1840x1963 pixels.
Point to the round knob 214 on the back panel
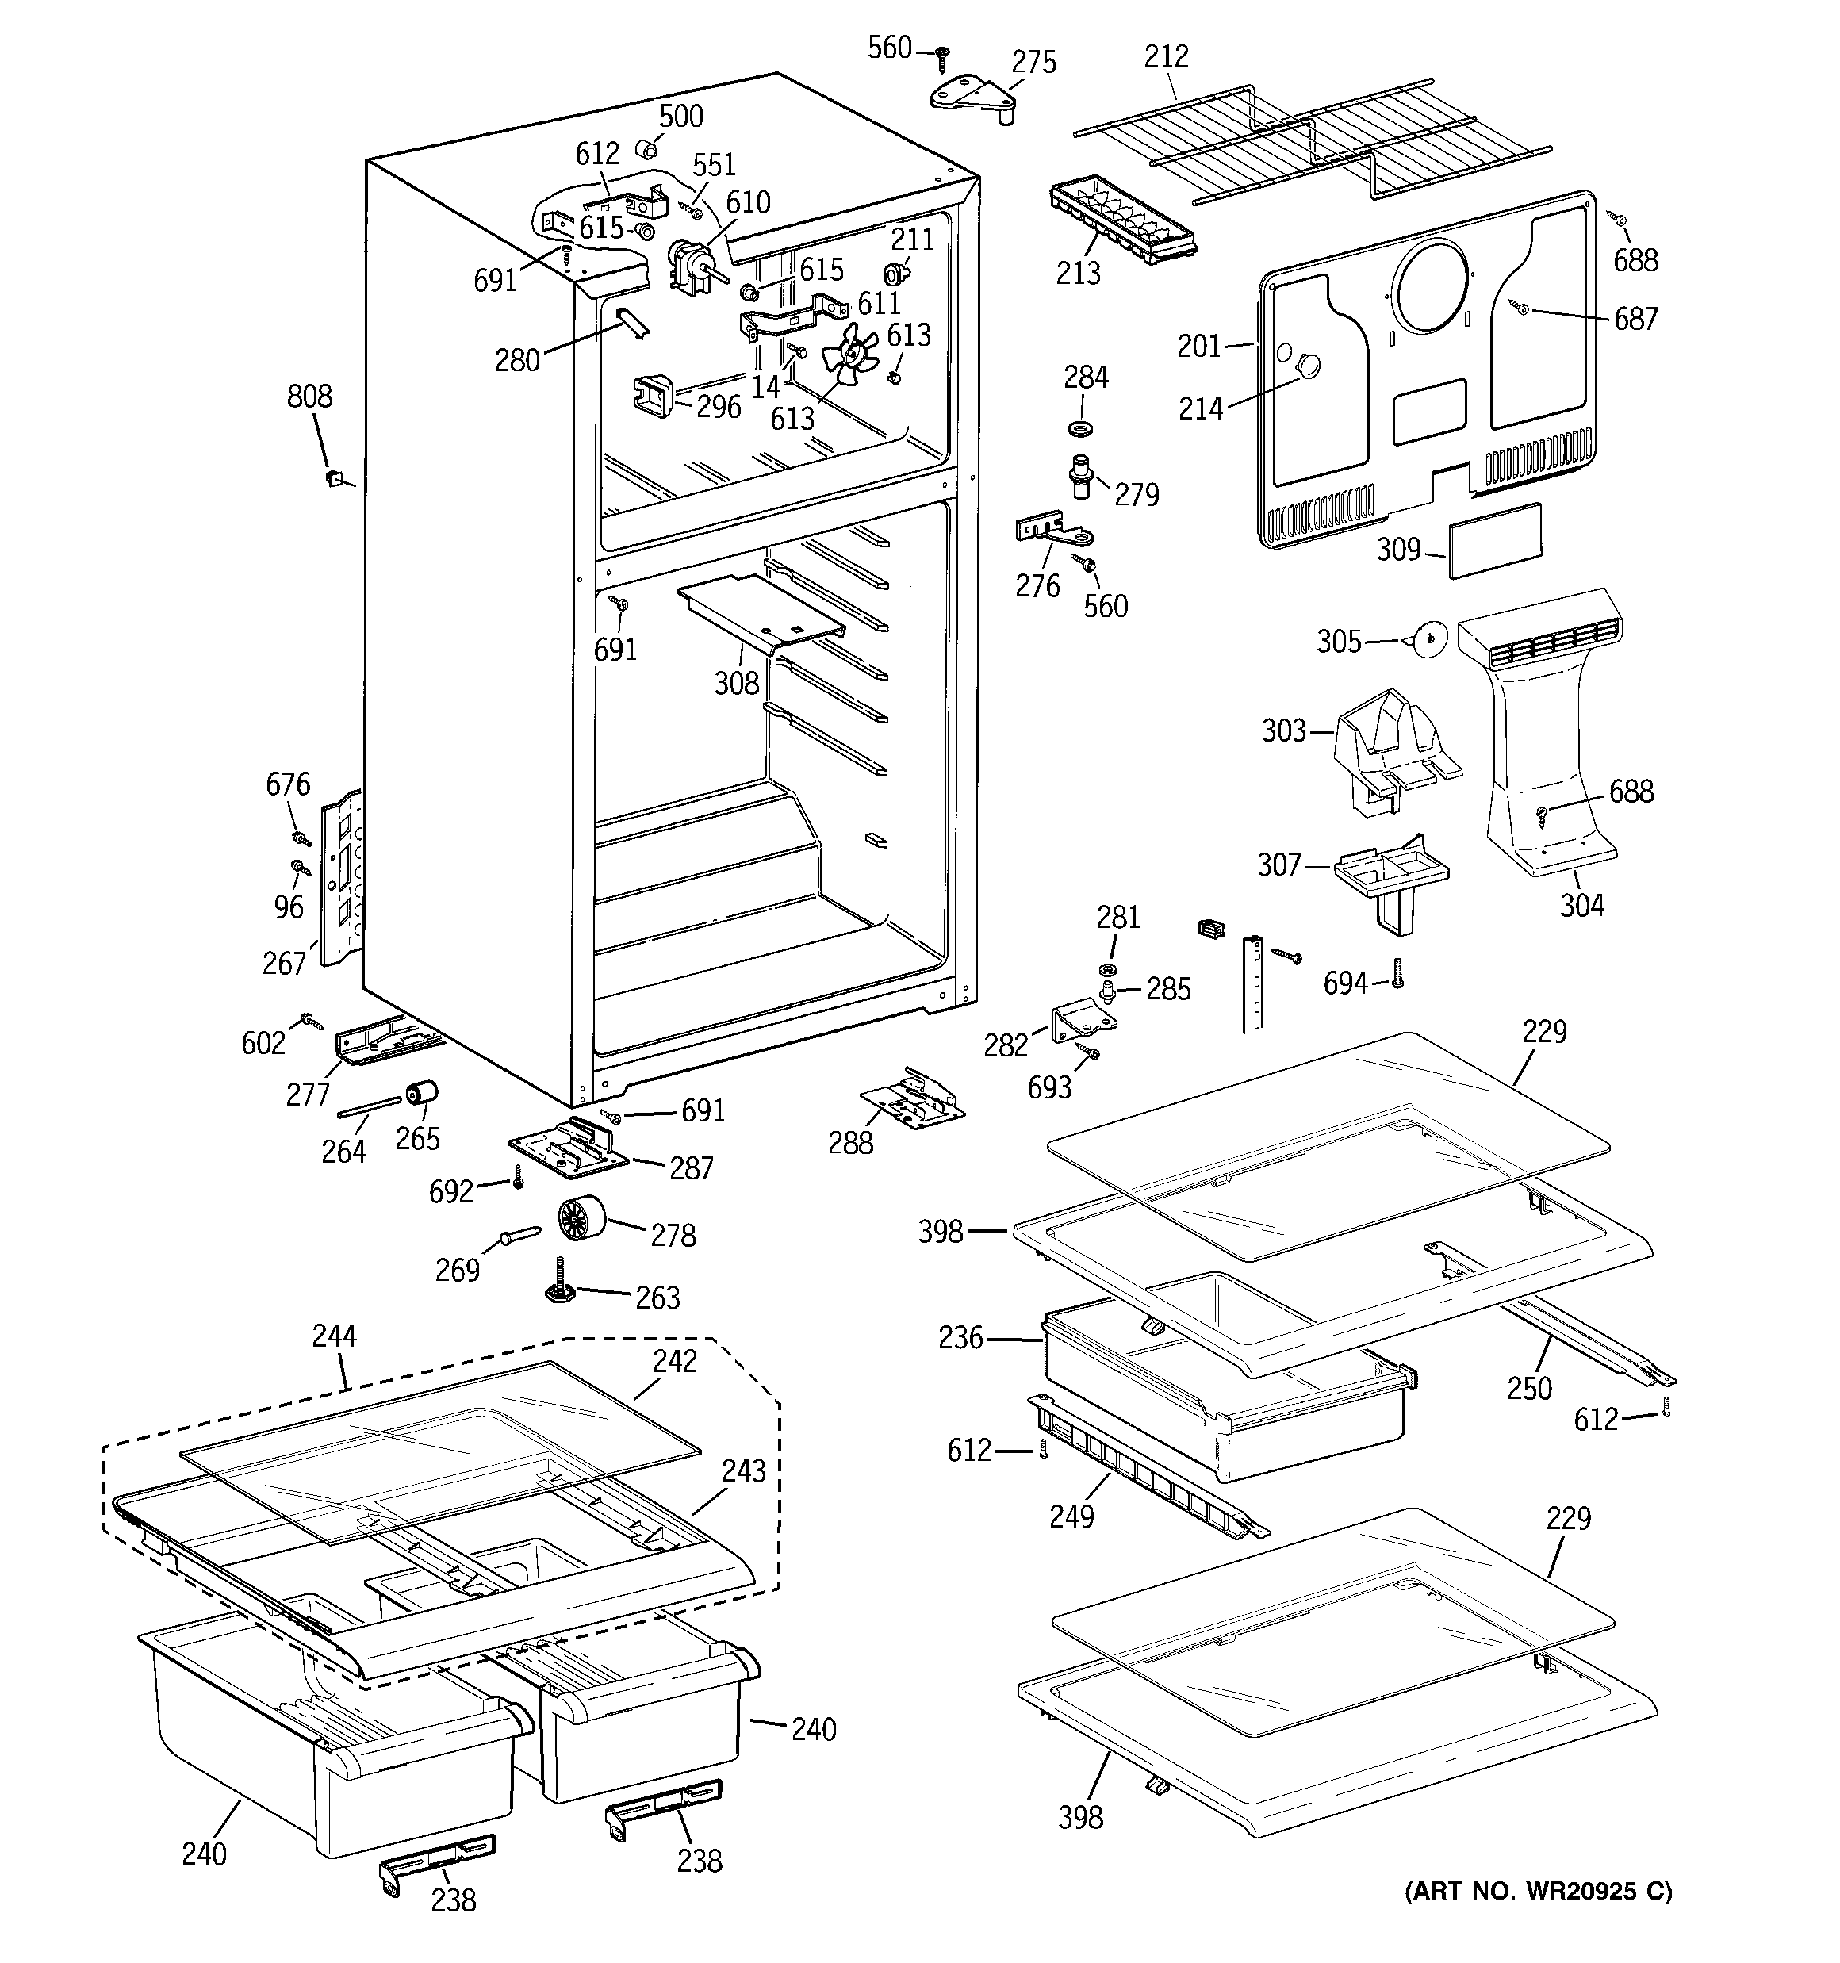click(x=1308, y=366)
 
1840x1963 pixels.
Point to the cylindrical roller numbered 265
click(x=422, y=1094)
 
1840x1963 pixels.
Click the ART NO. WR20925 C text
click(x=1538, y=1891)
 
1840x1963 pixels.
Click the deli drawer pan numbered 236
click(x=1225, y=1382)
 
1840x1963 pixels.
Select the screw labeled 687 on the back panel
click(x=1522, y=310)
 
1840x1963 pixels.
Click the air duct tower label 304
click(x=1581, y=904)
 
